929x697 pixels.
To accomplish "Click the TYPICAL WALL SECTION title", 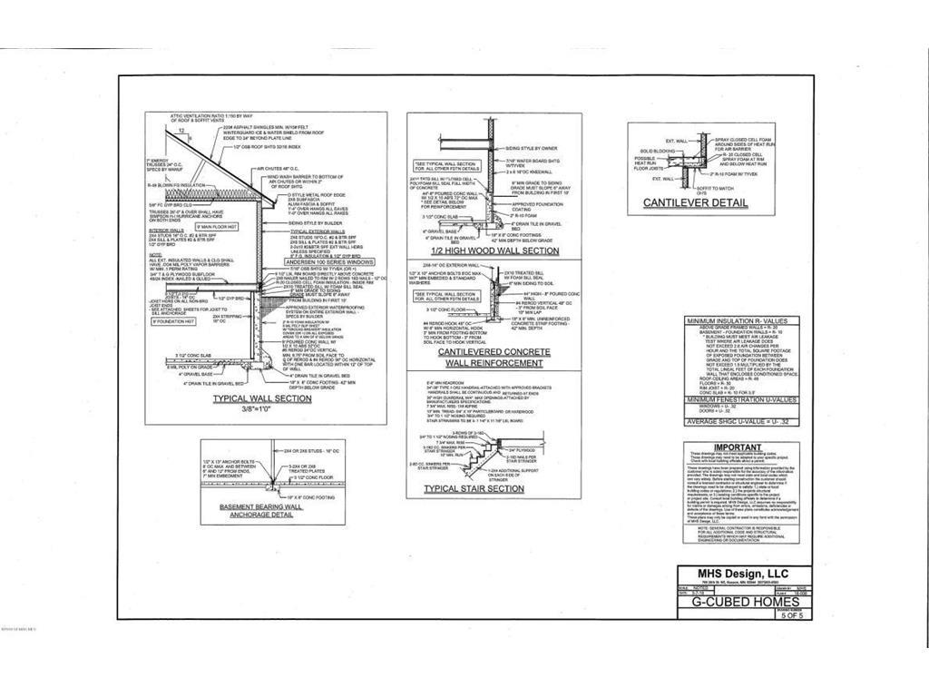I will tap(261, 398).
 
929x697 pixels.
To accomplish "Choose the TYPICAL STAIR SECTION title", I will tap(474, 489).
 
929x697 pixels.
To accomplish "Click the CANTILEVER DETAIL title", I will tap(696, 201).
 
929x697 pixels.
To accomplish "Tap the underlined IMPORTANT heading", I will tap(738, 447).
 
